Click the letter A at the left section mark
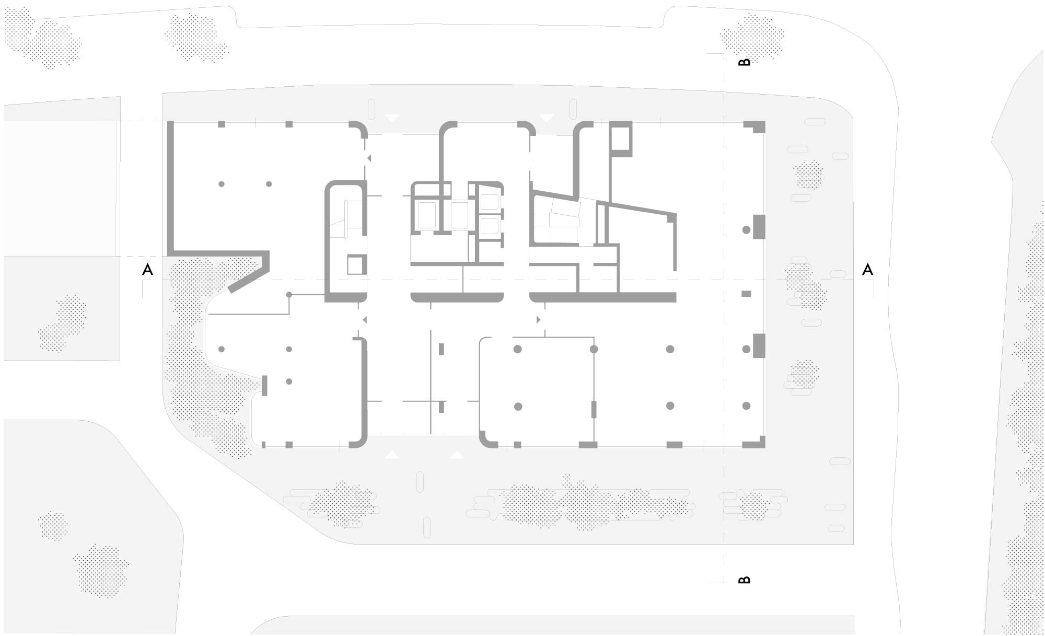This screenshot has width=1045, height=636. [148, 270]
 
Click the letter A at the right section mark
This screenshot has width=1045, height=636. [867, 270]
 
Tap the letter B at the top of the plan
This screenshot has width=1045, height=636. [745, 62]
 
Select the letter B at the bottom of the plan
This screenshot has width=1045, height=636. [745, 580]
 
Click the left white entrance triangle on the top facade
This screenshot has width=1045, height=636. [392, 118]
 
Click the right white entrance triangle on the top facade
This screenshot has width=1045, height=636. [547, 118]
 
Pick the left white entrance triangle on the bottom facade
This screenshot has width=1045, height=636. [392, 455]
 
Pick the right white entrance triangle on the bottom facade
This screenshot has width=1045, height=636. [457, 455]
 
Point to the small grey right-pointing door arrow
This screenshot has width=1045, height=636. [538, 319]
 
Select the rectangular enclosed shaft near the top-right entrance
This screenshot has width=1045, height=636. [621, 139]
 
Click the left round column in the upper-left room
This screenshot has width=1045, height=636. [222, 184]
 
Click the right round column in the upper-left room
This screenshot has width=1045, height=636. [269, 184]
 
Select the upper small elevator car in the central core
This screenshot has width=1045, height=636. [490, 202]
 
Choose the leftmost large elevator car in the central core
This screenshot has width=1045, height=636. [427, 215]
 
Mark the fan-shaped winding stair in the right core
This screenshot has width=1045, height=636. [557, 221]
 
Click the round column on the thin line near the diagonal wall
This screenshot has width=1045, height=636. [288, 295]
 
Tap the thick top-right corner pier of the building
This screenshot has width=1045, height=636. [755, 127]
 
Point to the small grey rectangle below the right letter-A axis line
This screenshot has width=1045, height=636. [746, 294]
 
